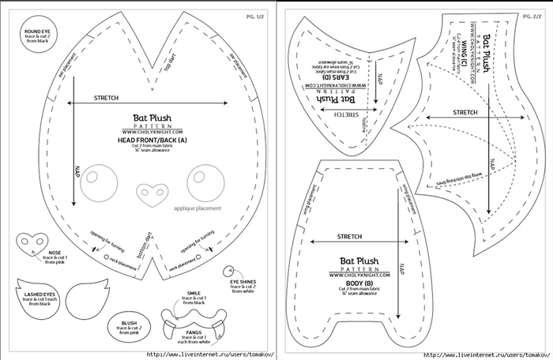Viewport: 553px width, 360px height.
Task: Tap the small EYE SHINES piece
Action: click(x=230, y=270)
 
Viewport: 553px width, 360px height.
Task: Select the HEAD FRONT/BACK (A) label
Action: click(x=152, y=140)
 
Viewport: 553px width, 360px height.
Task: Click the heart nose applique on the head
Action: click(x=147, y=191)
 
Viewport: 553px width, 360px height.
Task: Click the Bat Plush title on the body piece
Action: click(x=359, y=260)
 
